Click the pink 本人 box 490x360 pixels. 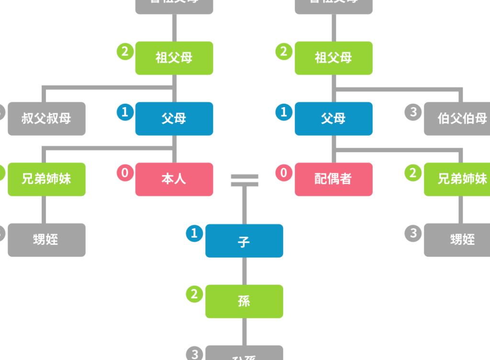[174, 179]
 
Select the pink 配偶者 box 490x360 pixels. [333, 179]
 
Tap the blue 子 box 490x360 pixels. [244, 241]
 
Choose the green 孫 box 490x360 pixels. [244, 301]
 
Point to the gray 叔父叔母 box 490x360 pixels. [46, 119]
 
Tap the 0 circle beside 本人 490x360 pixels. [125, 173]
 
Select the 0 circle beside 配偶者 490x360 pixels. [284, 173]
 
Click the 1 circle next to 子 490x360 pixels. [194, 233]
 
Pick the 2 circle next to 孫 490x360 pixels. [194, 294]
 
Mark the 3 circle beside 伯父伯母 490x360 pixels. [413, 112]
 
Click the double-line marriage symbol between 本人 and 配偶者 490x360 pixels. [245, 180]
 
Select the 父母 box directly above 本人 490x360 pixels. [174, 119]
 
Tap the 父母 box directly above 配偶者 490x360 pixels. [333, 119]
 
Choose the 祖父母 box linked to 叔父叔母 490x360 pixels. [174, 58]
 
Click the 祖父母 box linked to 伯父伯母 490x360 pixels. [333, 58]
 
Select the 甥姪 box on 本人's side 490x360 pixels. [46, 240]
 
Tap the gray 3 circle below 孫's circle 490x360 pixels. [194, 354]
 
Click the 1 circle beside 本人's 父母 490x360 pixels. [125, 112]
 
